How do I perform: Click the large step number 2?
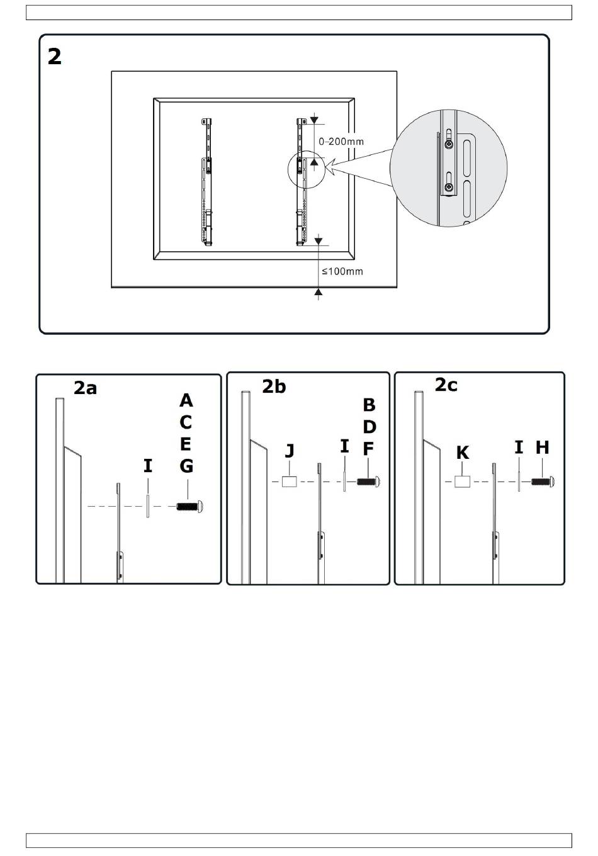(x=54, y=57)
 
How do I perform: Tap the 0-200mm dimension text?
(x=341, y=142)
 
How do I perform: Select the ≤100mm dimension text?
(x=342, y=271)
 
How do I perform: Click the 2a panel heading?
(x=85, y=388)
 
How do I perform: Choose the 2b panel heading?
(x=274, y=386)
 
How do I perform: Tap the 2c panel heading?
(x=446, y=385)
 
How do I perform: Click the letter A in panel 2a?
(x=186, y=400)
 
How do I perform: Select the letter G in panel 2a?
(x=186, y=466)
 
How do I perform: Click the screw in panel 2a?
(x=189, y=507)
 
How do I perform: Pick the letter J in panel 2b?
(x=290, y=451)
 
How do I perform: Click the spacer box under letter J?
(x=290, y=481)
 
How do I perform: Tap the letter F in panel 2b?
(x=368, y=449)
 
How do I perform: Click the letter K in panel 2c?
(x=463, y=453)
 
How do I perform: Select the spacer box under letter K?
(x=463, y=481)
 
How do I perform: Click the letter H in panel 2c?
(x=542, y=448)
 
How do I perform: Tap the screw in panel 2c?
(x=543, y=481)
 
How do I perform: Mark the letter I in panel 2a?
(x=148, y=466)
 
